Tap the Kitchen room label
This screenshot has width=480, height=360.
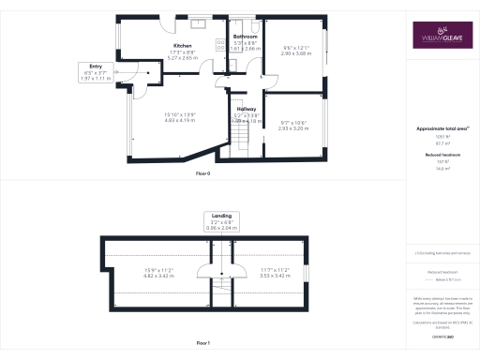[183, 46]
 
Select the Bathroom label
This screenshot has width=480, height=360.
[246, 37]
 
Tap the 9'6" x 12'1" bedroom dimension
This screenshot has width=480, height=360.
[295, 51]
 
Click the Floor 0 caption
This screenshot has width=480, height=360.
[203, 174]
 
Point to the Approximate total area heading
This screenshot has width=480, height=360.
[439, 128]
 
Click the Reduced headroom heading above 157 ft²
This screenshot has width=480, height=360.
[439, 156]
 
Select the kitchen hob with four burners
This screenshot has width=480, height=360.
[220, 44]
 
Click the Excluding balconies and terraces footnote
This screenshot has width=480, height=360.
[441, 252]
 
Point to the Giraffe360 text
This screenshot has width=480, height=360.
[439, 335]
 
